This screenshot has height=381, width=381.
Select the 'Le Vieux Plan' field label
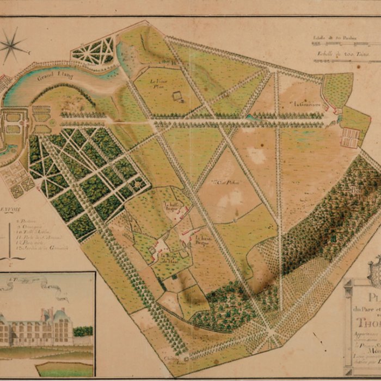(157, 83)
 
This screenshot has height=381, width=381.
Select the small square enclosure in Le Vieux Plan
(177, 96)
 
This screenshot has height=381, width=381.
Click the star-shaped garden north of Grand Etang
(94, 51)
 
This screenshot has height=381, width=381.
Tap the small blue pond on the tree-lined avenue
(249, 116)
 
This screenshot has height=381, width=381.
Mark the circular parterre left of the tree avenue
(51, 123)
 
